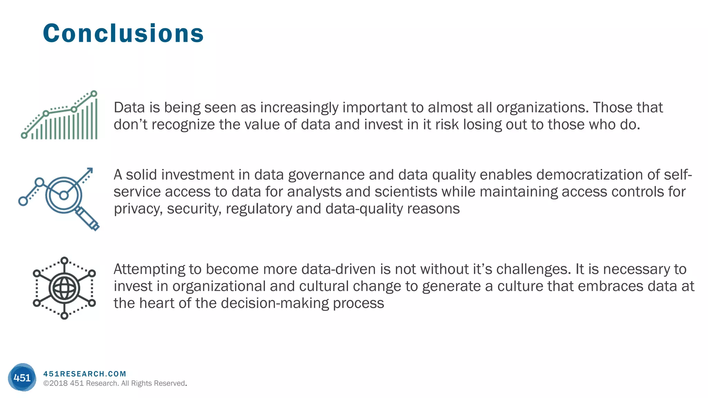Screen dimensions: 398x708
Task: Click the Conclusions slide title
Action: pos(123,34)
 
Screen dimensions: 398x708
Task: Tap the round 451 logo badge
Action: pos(22,377)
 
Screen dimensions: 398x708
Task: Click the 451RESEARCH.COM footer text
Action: pos(85,374)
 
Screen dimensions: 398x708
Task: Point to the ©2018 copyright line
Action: pos(115,383)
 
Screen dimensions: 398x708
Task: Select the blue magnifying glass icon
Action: pos(64,197)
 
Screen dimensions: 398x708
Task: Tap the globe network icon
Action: pos(64,288)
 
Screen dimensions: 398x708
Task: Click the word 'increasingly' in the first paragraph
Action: pos(299,108)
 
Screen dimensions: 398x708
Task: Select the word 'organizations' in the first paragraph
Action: pos(542,108)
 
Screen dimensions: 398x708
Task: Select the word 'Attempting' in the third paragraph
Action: pos(149,269)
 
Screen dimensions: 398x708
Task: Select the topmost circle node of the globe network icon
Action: pos(64,260)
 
